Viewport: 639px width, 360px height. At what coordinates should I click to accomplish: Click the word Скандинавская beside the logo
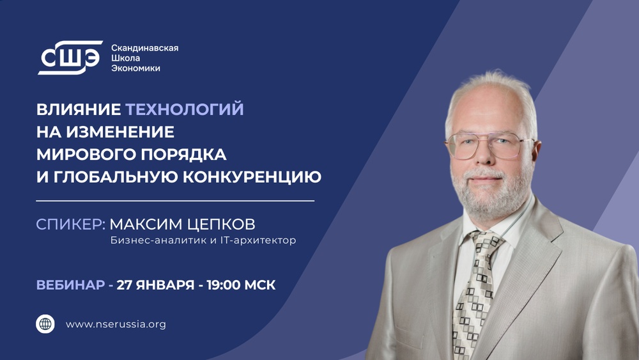point(144,48)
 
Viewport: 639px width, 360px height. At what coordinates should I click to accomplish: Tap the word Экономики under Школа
point(135,68)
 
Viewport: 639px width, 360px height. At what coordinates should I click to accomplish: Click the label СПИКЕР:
point(70,224)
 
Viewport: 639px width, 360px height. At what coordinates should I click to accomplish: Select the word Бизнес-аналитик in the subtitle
point(149,241)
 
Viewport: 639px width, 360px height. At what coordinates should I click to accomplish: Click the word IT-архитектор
point(256,241)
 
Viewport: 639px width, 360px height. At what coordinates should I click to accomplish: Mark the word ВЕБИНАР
point(70,285)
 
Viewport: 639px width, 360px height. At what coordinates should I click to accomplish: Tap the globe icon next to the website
point(45,324)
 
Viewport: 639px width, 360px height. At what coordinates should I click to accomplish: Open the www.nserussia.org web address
point(116,324)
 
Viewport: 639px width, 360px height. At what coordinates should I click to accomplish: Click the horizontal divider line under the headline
point(175,201)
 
